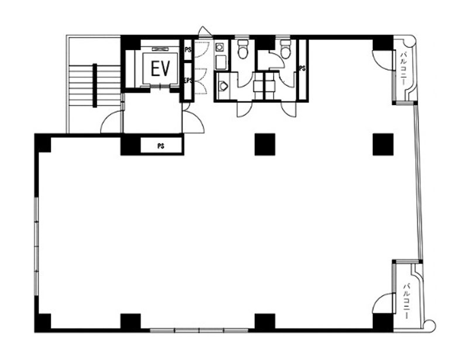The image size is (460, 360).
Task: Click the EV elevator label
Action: pyautogui.click(x=161, y=68)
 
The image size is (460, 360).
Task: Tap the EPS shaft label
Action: pyautogui.click(x=188, y=80)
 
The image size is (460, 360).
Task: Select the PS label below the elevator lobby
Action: pyautogui.click(x=161, y=146)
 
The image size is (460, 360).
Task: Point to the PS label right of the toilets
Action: pyautogui.click(x=302, y=68)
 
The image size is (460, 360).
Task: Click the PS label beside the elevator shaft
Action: pyautogui.click(x=188, y=50)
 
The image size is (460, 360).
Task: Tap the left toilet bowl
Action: pyautogui.click(x=243, y=49)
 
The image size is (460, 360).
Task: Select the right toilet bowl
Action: pyautogui.click(x=285, y=49)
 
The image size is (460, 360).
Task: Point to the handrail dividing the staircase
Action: pyautogui.click(x=95, y=85)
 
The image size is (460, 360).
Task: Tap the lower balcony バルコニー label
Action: pyautogui.click(x=407, y=302)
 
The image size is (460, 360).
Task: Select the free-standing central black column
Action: pyautogui.click(x=265, y=144)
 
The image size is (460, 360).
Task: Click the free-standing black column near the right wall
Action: pyautogui.click(x=383, y=144)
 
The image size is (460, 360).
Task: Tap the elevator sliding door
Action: pyautogui.click(x=160, y=86)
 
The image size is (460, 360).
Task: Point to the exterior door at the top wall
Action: pyautogui.click(x=205, y=32)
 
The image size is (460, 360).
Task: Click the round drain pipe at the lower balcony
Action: pyautogui.click(x=430, y=326)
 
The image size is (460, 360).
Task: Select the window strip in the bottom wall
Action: pyautogui.click(x=199, y=330)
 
